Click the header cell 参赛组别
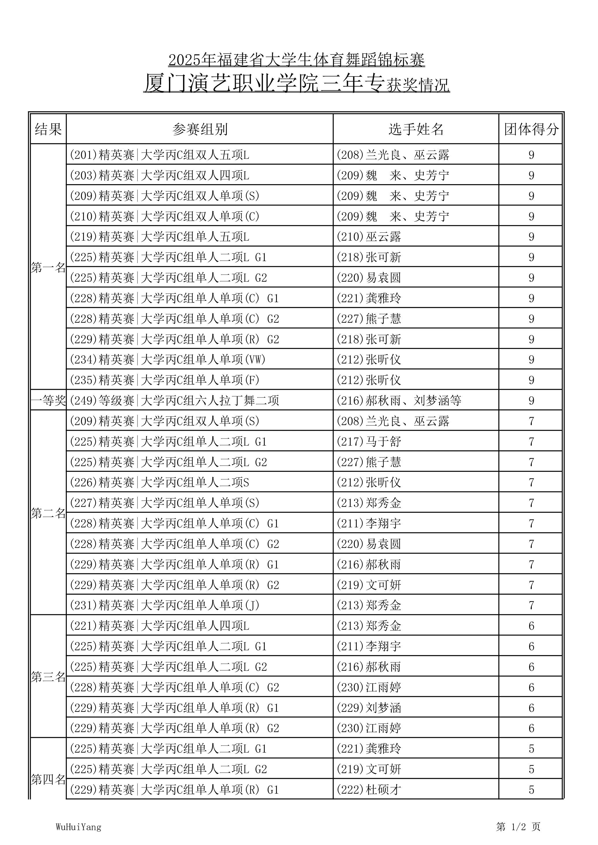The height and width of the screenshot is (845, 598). coord(200,129)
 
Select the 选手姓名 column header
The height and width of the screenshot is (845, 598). coord(416,129)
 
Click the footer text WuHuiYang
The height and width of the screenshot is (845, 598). coord(78,827)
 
